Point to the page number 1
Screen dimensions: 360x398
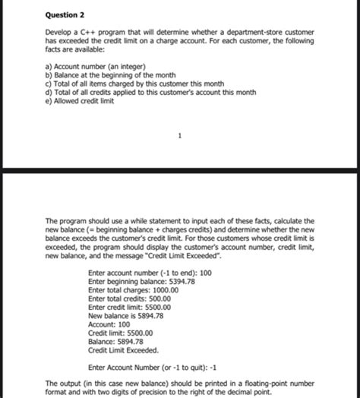point(179,137)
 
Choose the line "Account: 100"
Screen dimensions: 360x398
point(109,324)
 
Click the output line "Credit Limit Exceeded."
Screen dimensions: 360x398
point(124,350)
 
